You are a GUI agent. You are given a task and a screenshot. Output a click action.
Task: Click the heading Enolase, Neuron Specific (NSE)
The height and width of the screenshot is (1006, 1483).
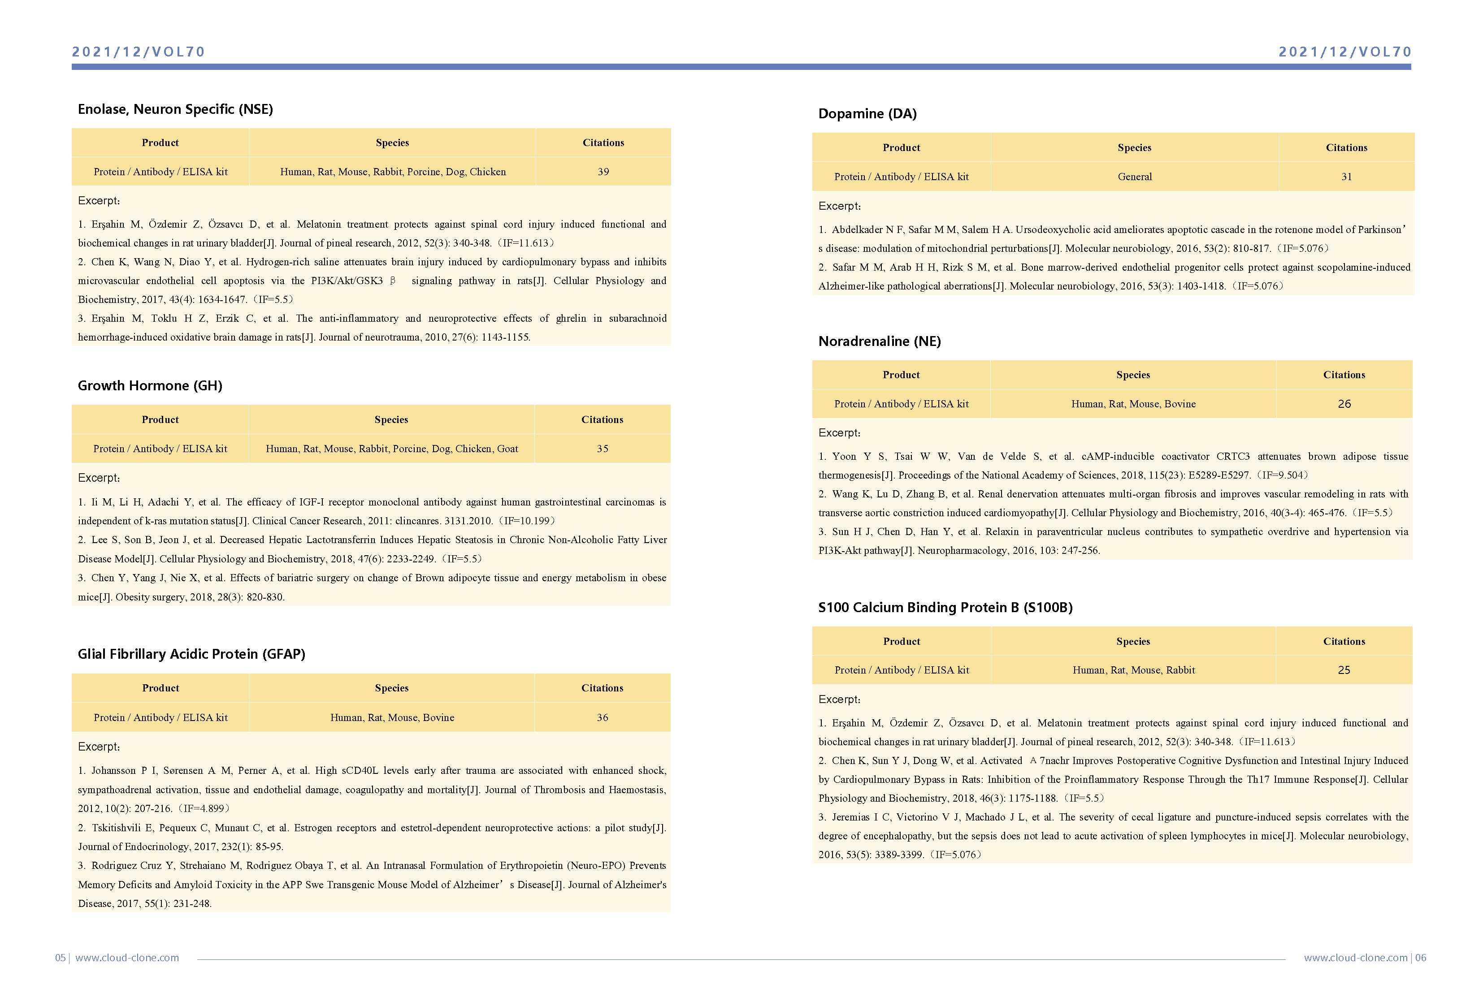pos(175,109)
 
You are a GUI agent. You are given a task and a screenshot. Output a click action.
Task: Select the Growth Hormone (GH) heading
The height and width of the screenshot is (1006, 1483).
pos(150,385)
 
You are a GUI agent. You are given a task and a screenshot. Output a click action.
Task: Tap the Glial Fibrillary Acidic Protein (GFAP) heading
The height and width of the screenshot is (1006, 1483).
pos(191,654)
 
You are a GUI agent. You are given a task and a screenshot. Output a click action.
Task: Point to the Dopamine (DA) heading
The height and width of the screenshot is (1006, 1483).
pos(867,113)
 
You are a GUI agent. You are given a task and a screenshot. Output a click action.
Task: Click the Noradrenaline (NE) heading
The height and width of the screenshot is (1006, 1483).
pos(879,341)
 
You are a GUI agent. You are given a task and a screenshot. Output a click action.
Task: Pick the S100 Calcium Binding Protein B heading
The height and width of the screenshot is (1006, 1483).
pos(945,607)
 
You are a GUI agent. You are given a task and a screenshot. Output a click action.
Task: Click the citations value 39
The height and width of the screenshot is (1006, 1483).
pos(603,172)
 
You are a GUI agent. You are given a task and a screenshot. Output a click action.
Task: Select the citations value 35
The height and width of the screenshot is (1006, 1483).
pos(603,449)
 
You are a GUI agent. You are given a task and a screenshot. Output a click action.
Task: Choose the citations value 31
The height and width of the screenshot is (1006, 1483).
pos(1346,177)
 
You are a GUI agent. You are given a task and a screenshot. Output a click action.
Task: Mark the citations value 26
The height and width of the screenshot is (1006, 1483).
pos(1344,404)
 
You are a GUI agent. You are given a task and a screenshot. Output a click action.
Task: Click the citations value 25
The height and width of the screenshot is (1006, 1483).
pos(1344,670)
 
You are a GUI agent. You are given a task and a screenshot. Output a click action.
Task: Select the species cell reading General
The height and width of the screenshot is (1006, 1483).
pos(1135,177)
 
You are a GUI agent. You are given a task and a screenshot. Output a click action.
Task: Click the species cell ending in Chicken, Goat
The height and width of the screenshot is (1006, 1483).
pos(392,449)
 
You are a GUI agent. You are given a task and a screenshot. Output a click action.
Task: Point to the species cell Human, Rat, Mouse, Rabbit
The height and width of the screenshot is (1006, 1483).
pos(1133,670)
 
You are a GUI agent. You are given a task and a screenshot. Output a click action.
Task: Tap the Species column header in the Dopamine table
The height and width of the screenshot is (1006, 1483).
pos(1135,147)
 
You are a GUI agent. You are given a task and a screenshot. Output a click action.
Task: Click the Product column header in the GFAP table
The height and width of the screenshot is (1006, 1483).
pos(161,688)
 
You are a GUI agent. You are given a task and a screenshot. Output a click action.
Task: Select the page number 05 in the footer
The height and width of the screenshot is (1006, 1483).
pos(60,958)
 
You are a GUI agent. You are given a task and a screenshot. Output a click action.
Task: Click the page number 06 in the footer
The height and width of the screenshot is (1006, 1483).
pos(1421,958)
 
